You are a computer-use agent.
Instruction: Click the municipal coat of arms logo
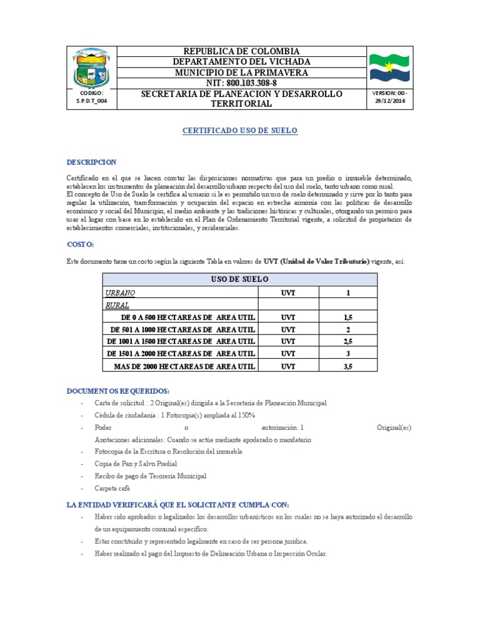click(91, 69)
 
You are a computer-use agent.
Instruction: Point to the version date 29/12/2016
click(389, 102)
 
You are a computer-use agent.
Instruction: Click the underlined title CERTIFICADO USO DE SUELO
click(240, 131)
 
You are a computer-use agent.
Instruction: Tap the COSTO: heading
click(80, 244)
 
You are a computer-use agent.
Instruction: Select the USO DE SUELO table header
click(240, 279)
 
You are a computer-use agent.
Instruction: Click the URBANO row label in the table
click(120, 292)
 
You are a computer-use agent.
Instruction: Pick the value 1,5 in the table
click(347, 317)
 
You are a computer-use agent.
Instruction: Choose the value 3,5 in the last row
click(347, 366)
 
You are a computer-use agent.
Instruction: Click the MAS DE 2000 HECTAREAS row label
click(184, 366)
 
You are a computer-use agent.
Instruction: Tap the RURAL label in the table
click(117, 306)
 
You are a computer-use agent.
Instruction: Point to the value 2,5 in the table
click(347, 342)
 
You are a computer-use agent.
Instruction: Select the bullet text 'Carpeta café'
click(112, 487)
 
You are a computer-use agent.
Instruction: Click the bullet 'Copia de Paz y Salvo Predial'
click(136, 464)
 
